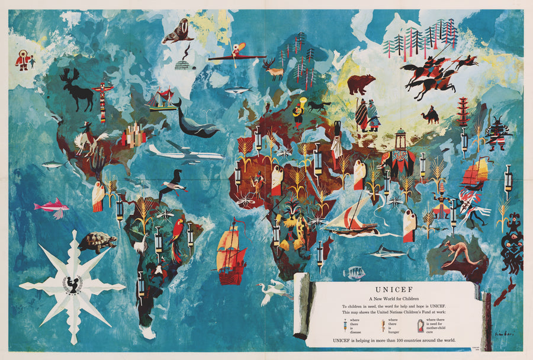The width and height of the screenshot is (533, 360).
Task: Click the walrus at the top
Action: (178, 31)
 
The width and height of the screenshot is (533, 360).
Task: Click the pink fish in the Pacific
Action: (51, 207)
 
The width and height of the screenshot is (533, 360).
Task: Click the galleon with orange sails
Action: (231, 252)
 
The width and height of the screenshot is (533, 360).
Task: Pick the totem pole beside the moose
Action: (104, 101)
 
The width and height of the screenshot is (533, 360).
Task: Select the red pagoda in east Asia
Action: (463, 112)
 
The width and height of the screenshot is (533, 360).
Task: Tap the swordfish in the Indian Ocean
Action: (388, 253)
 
